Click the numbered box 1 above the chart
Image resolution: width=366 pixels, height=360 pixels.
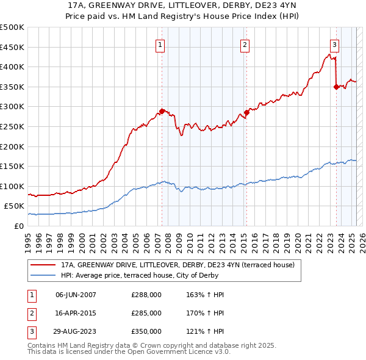[x=160, y=44]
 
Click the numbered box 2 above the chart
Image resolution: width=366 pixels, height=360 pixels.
[x=245, y=44]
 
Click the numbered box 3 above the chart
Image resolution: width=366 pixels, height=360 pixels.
[x=335, y=44]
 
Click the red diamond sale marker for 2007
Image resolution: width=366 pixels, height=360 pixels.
[x=162, y=111]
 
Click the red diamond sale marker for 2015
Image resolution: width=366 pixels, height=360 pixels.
[x=247, y=112]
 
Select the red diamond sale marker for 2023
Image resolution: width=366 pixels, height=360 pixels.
[x=336, y=87]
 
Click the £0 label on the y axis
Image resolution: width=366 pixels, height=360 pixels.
[x=19, y=226]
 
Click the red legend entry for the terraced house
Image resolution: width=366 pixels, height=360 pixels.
[x=178, y=265]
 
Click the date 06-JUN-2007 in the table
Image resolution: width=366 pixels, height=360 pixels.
[x=76, y=295]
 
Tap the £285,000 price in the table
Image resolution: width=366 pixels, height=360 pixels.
[x=146, y=313]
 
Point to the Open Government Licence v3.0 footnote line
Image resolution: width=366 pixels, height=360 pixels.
[x=129, y=352]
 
